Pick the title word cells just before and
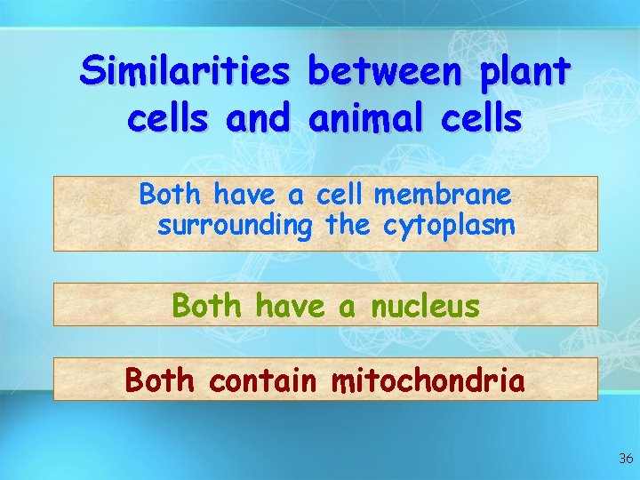[x=169, y=119]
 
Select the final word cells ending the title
[x=479, y=119]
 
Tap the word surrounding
[x=236, y=227]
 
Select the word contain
[x=262, y=380]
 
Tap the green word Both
[x=206, y=307]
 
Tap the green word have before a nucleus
[x=290, y=307]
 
